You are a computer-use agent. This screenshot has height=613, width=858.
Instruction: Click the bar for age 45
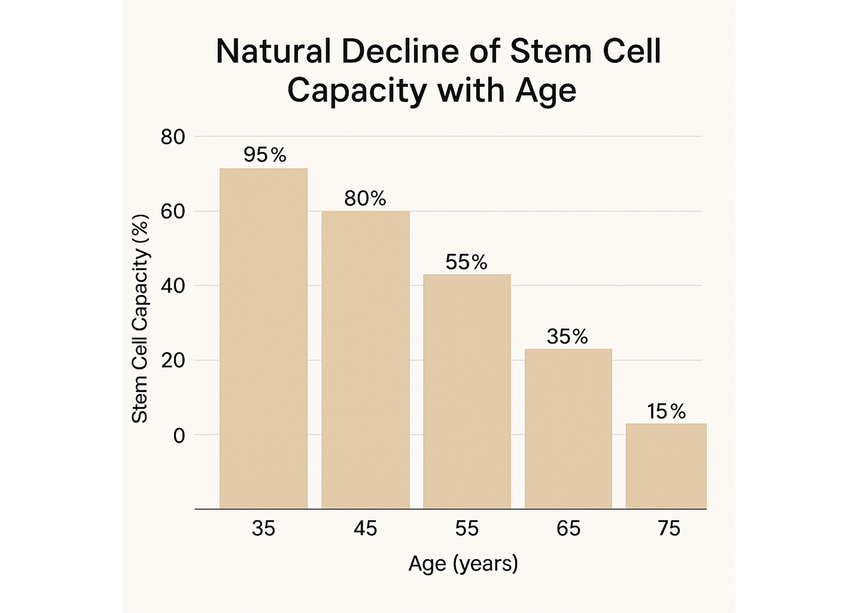click(366, 360)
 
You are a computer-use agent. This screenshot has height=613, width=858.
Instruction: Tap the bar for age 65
click(568, 429)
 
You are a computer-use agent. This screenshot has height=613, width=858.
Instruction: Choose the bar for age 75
click(666, 466)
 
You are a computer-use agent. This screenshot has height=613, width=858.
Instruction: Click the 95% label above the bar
click(265, 155)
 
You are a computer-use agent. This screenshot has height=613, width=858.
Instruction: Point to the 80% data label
click(365, 199)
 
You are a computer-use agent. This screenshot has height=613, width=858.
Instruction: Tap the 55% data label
click(466, 262)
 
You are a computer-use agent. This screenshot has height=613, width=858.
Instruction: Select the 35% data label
click(567, 336)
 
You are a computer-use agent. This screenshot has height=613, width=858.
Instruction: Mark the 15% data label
click(666, 411)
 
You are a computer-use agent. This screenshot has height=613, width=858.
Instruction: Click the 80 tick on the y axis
click(173, 137)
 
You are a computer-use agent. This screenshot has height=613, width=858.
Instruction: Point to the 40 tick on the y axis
click(173, 286)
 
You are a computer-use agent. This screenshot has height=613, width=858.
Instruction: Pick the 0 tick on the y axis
click(179, 436)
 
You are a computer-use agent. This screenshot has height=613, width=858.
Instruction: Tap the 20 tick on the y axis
click(173, 361)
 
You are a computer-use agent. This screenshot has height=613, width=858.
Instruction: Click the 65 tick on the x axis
click(568, 528)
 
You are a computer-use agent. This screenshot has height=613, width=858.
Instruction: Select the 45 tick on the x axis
click(365, 528)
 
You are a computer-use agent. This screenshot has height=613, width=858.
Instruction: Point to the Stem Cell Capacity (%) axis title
click(140, 319)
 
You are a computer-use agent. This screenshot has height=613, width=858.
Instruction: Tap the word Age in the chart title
click(545, 90)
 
